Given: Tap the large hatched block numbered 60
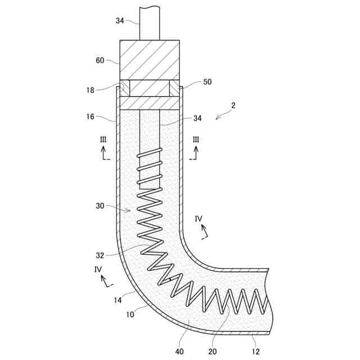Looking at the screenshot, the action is click(150, 60).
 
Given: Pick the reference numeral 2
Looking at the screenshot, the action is click(232, 105).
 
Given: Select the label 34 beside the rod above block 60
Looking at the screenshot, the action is click(120, 21).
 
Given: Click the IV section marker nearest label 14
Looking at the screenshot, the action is click(98, 269).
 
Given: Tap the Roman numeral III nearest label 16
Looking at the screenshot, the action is click(103, 139).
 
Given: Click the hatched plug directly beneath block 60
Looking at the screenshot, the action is click(150, 88).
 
